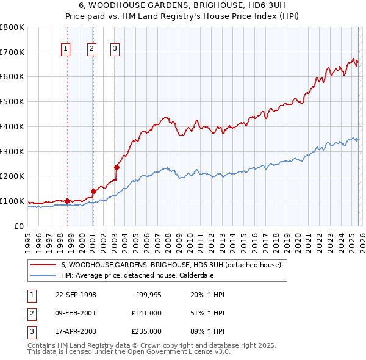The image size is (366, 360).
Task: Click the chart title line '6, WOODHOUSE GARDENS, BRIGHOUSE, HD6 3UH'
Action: click(182, 4)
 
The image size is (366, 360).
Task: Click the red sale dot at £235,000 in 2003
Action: click(116, 167)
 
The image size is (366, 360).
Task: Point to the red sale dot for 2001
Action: click(93, 190)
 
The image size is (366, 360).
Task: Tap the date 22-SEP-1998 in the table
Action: click(76, 295)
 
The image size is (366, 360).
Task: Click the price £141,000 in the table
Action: click(146, 312)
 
